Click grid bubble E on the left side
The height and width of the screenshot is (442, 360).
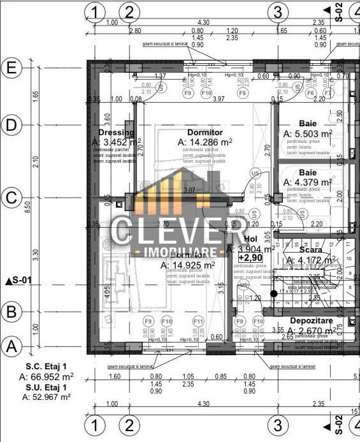tap(11, 67)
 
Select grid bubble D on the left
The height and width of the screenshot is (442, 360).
tap(11, 126)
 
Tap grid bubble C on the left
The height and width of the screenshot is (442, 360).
tap(11, 198)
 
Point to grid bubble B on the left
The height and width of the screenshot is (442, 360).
tap(11, 312)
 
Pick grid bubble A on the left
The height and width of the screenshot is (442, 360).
tap(11, 346)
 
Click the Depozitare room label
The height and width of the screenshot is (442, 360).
tap(313, 320)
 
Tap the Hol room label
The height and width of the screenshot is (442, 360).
tap(251, 239)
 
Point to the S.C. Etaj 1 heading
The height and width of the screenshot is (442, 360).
tap(47, 366)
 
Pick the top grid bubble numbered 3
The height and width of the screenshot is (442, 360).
tap(277, 11)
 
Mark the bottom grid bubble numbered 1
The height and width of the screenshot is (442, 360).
tap(95, 424)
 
